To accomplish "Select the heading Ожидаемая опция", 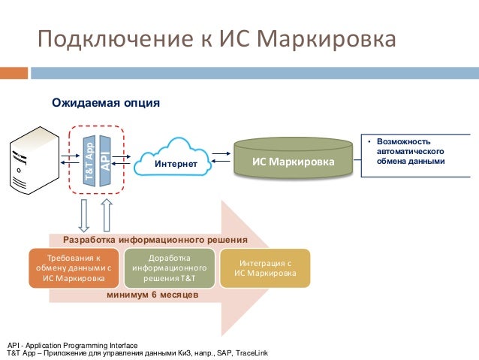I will (x=105, y=101).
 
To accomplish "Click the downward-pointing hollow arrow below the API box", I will (x=83, y=215).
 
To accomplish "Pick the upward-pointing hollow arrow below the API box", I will (x=106, y=213).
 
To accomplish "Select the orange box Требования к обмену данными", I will (x=74, y=268).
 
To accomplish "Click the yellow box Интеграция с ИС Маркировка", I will (x=264, y=268).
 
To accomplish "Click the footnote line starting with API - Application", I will (x=73, y=344).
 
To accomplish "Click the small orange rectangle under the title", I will (x=14, y=73).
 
